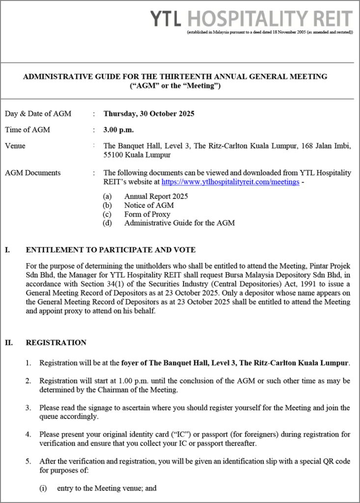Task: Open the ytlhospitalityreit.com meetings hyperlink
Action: click(x=230, y=182)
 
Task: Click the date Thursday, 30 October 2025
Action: click(x=149, y=114)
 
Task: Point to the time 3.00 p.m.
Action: click(x=118, y=130)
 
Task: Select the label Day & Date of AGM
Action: click(x=38, y=114)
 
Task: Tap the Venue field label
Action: click(x=15, y=146)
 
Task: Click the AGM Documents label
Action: click(x=32, y=173)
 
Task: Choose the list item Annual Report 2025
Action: click(x=156, y=196)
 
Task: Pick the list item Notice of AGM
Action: click(x=149, y=205)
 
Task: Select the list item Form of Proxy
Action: click(x=147, y=214)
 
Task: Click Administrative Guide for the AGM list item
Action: click(x=179, y=223)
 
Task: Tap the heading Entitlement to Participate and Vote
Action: click(x=111, y=250)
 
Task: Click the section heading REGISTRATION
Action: click(x=56, y=343)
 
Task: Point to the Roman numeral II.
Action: click(x=9, y=343)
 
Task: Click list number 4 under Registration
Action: click(x=28, y=435)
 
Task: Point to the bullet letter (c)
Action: click(x=107, y=214)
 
